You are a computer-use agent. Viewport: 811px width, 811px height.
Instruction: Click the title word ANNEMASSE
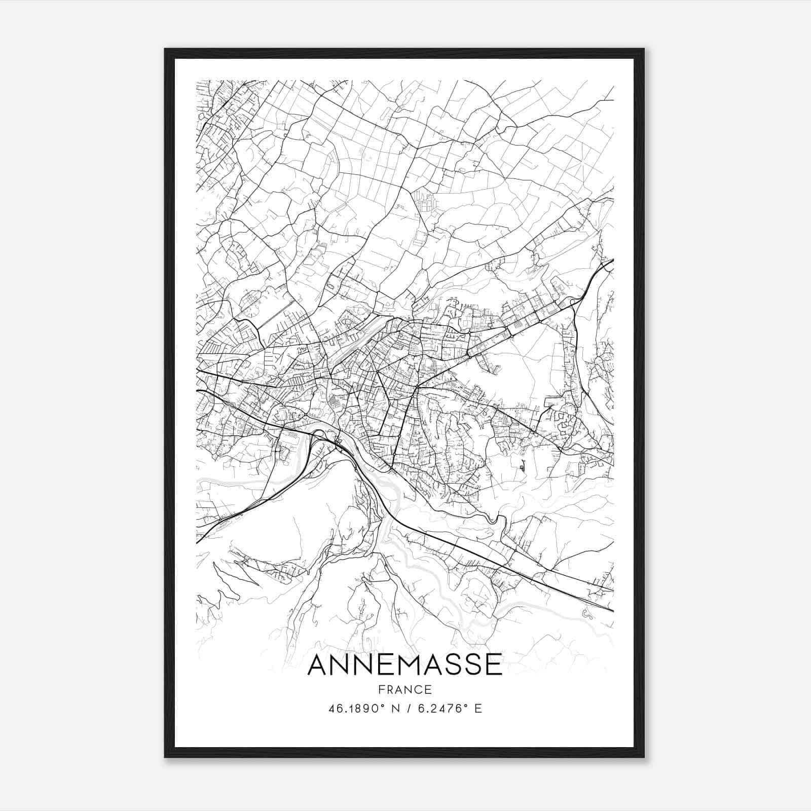(x=404, y=665)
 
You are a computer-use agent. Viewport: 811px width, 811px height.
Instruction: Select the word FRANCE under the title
(x=404, y=689)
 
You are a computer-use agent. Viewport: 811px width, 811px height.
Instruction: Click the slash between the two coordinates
(x=408, y=709)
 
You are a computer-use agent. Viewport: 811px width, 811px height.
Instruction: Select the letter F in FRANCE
(x=381, y=689)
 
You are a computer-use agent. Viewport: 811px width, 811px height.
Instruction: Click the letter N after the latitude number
(x=396, y=709)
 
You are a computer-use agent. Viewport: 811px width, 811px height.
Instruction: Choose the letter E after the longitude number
(x=478, y=709)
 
